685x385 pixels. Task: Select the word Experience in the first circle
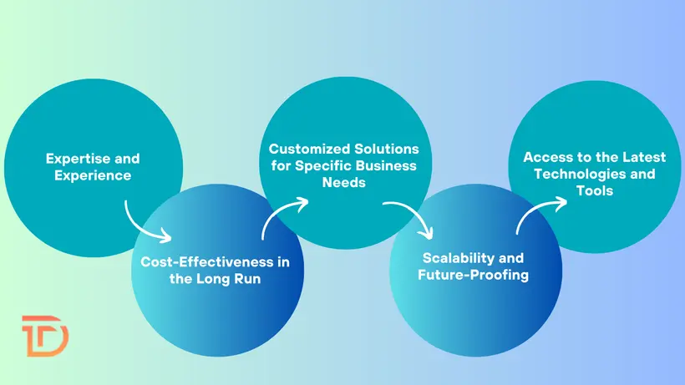point(93,175)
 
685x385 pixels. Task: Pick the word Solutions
point(387,149)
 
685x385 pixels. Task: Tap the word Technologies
point(578,174)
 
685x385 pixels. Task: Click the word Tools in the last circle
point(594,190)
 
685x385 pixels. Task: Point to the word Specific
point(320,165)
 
